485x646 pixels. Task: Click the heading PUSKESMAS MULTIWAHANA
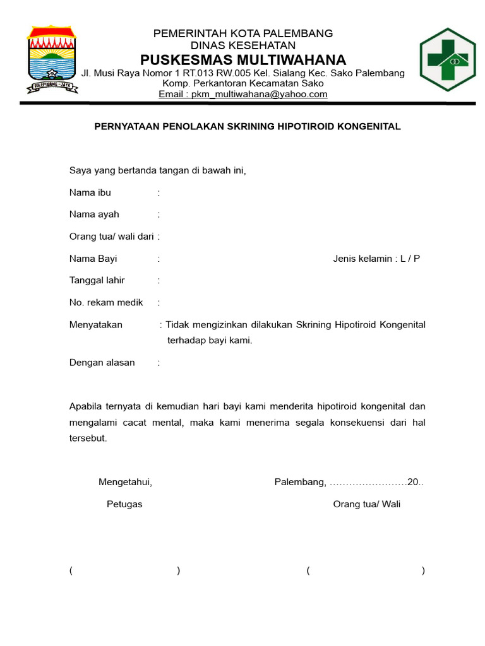pyautogui.click(x=243, y=60)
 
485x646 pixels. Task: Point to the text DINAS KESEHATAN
pyautogui.click(x=243, y=45)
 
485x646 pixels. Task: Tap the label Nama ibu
pyautogui.click(x=90, y=192)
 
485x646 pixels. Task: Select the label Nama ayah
pyautogui.click(x=94, y=214)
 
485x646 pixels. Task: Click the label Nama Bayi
pyautogui.click(x=93, y=259)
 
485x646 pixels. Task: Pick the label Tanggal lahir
pyautogui.click(x=97, y=281)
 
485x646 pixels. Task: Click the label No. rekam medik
pyautogui.click(x=106, y=303)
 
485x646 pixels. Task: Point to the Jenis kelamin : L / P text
pyautogui.click(x=376, y=259)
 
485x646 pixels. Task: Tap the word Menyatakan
pyautogui.click(x=95, y=325)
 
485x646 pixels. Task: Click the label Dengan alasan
pyautogui.click(x=102, y=363)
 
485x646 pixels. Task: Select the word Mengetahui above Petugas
pyautogui.click(x=125, y=483)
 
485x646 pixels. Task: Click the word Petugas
pyautogui.click(x=124, y=504)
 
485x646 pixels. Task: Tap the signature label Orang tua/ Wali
pyautogui.click(x=366, y=504)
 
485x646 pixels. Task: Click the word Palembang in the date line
pyautogui.click(x=300, y=483)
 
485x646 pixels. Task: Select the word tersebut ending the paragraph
pyautogui.click(x=88, y=438)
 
